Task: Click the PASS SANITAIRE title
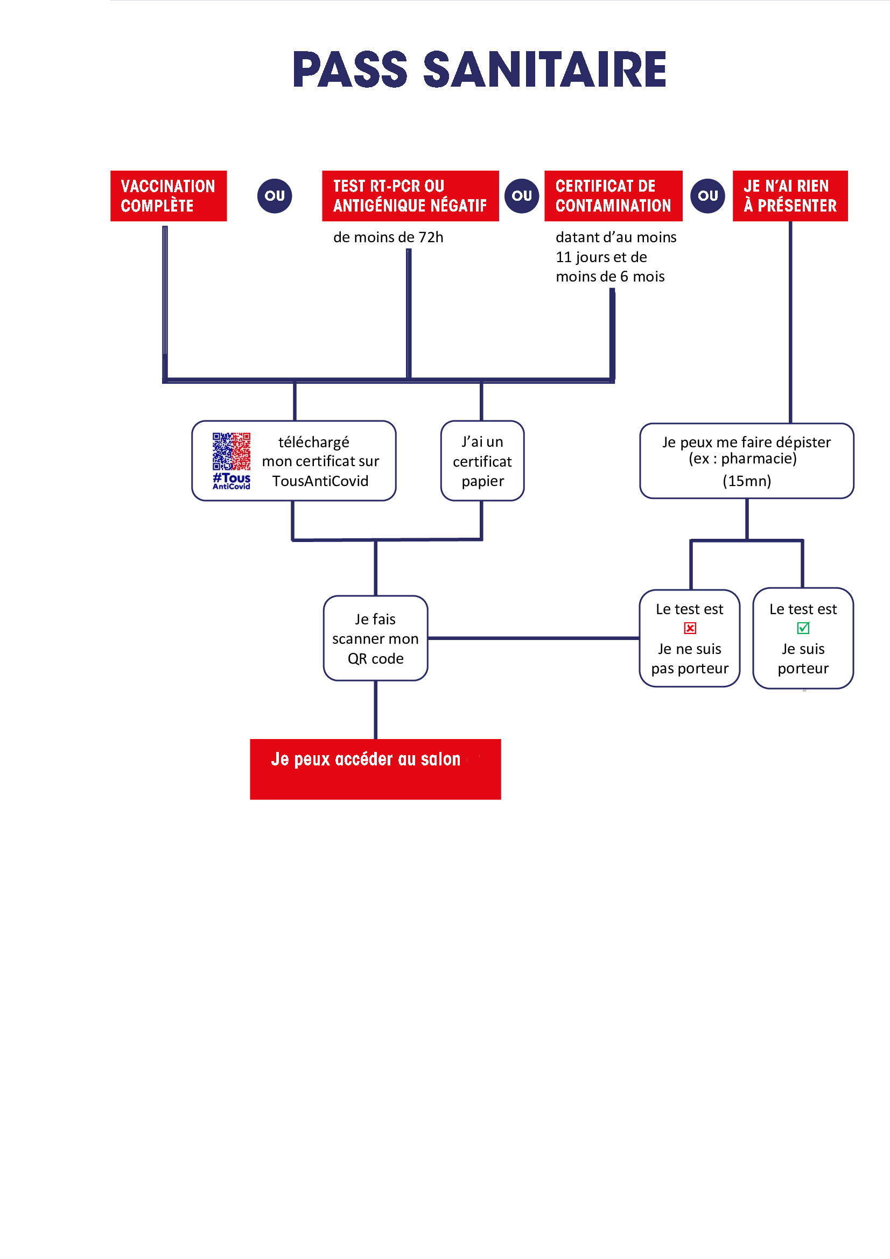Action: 480,69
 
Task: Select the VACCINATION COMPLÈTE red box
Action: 169,196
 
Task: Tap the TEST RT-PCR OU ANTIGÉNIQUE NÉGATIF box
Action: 410,196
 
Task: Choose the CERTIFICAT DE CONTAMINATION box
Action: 613,196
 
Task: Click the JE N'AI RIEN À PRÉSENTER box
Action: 790,196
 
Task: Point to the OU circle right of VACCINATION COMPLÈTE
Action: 275,196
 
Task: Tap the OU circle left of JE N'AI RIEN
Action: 707,196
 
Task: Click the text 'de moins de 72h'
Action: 388,237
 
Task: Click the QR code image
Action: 232,451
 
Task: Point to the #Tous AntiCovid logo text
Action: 232,481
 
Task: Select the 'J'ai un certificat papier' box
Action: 482,461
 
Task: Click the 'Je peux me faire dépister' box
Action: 746,461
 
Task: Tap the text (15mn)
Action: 746,481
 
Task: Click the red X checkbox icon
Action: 690,628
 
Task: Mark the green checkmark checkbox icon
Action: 803,628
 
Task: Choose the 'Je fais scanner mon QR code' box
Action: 376,638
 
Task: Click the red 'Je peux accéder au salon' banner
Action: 376,769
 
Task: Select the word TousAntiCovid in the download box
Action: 320,481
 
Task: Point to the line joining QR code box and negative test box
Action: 534,638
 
